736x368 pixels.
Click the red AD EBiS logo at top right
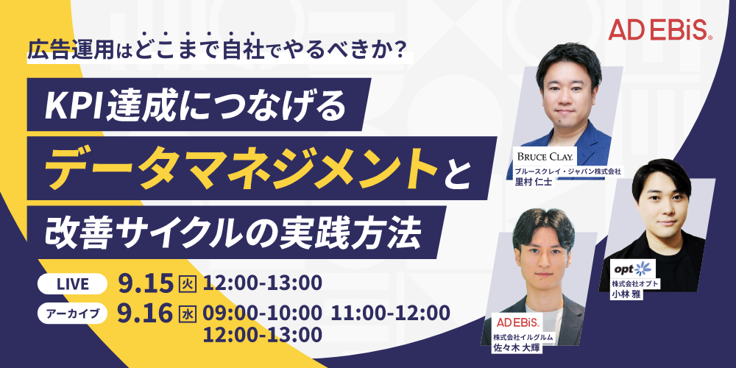pos(660,30)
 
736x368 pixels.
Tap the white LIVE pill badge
pos(73,283)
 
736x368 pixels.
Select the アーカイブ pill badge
pos(73,314)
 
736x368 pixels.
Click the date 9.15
pos(147,283)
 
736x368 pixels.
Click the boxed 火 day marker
pos(189,283)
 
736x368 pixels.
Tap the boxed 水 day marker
pos(189,314)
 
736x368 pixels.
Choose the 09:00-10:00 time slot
pos(263,313)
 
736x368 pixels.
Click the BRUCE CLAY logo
pos(548,156)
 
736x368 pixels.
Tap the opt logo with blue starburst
pos(631,269)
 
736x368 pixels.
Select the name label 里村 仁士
pos(533,183)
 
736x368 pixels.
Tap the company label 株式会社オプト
pos(629,283)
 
